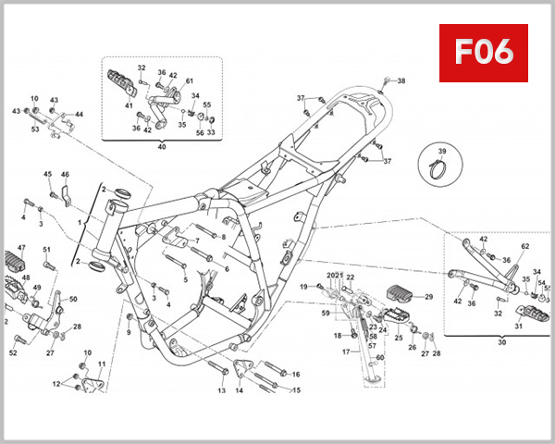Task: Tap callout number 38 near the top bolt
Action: [x=401, y=81]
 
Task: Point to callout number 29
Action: [x=428, y=297]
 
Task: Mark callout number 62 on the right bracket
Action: [x=524, y=247]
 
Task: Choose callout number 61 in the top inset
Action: [x=190, y=81]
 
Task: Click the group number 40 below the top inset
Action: [x=162, y=146]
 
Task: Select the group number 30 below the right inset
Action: [x=502, y=341]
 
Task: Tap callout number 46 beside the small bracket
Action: [x=65, y=174]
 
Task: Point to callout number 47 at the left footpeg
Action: [x=21, y=248]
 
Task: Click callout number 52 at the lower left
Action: [x=13, y=352]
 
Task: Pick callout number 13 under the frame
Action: [x=222, y=390]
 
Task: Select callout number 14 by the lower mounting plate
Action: [x=239, y=390]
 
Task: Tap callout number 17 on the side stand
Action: [x=346, y=352]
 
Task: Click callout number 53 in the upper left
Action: [x=35, y=129]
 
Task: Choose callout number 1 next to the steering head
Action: [x=80, y=223]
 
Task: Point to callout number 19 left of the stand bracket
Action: [x=302, y=287]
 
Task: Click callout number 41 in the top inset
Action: [x=129, y=106]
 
